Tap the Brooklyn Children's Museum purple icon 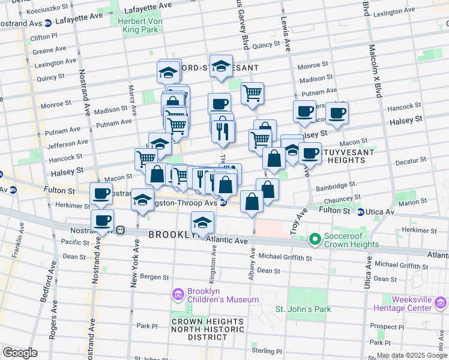coord(177,293)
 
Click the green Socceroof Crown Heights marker coord(315,240)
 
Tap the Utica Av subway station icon coord(360,212)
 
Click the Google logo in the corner coord(20,352)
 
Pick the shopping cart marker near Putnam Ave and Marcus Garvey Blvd coord(253,93)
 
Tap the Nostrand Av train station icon coord(120,229)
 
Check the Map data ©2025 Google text coord(411,355)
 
